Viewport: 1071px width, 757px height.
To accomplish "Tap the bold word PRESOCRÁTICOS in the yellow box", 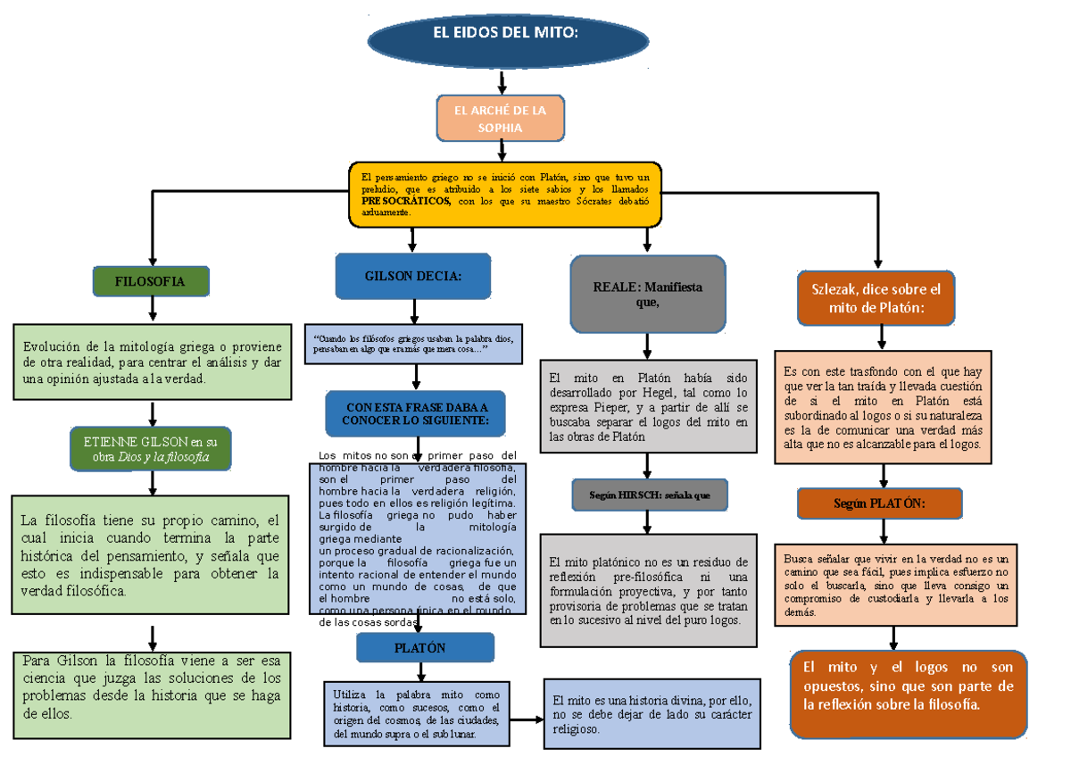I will click(x=406, y=202).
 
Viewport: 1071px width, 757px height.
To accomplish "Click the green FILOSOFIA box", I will click(x=151, y=280).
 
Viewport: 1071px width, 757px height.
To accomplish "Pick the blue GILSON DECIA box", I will click(x=413, y=276).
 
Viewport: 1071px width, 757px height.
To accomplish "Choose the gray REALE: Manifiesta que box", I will click(x=647, y=294).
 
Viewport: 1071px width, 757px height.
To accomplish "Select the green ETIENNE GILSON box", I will click(x=151, y=448).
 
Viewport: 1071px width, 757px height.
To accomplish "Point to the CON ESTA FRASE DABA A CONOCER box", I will click(x=415, y=413).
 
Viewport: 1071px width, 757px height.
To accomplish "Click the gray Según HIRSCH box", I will click(x=650, y=495).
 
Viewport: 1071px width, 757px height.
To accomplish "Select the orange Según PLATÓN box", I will click(x=879, y=503).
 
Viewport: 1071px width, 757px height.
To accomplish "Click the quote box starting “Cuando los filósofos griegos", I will click(x=413, y=343).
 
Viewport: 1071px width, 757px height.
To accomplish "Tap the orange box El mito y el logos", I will click(x=909, y=693).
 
